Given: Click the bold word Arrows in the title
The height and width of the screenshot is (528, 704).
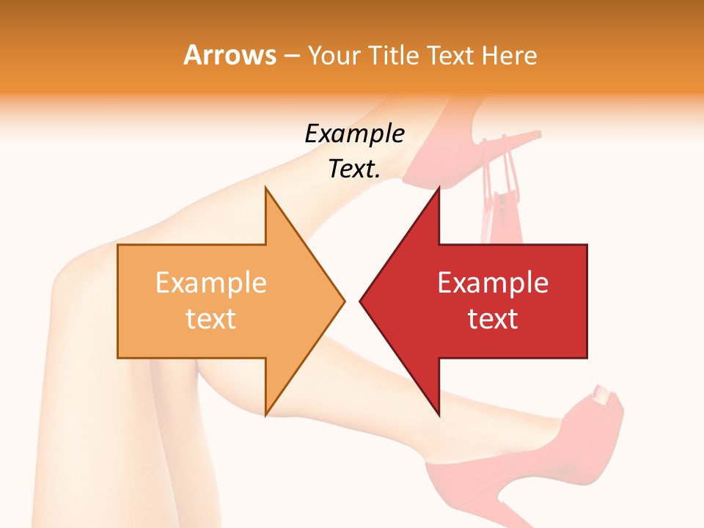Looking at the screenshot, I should click(230, 55).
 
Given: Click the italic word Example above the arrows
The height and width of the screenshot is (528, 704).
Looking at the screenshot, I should click(354, 133).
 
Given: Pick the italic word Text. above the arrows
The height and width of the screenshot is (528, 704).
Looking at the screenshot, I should click(354, 169).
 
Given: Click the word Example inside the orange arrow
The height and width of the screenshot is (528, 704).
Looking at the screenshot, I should click(211, 282).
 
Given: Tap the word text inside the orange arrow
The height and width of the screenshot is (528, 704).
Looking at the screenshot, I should click(211, 318).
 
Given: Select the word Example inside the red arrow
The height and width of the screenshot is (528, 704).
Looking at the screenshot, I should click(493, 282).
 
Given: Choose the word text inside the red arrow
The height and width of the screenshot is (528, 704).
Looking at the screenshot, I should click(493, 318).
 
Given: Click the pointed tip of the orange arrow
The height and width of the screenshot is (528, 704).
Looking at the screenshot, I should click(343, 300).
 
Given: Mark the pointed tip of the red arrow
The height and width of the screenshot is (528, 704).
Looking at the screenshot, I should click(362, 300).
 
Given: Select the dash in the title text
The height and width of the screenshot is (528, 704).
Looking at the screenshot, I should click(291, 56).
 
